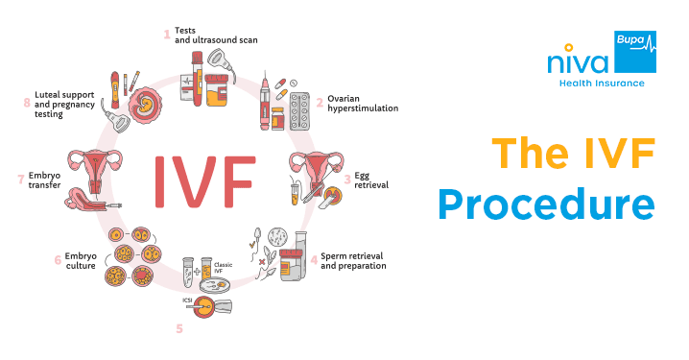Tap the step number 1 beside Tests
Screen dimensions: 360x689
tap(166, 35)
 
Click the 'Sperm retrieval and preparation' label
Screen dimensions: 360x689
tap(353, 260)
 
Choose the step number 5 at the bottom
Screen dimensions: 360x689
tap(178, 329)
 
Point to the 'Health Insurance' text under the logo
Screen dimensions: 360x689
tap(602, 84)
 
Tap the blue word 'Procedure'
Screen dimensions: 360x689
tap(547, 204)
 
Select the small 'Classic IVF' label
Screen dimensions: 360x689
tap(224, 267)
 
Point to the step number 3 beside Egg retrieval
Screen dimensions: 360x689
tap(346, 179)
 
